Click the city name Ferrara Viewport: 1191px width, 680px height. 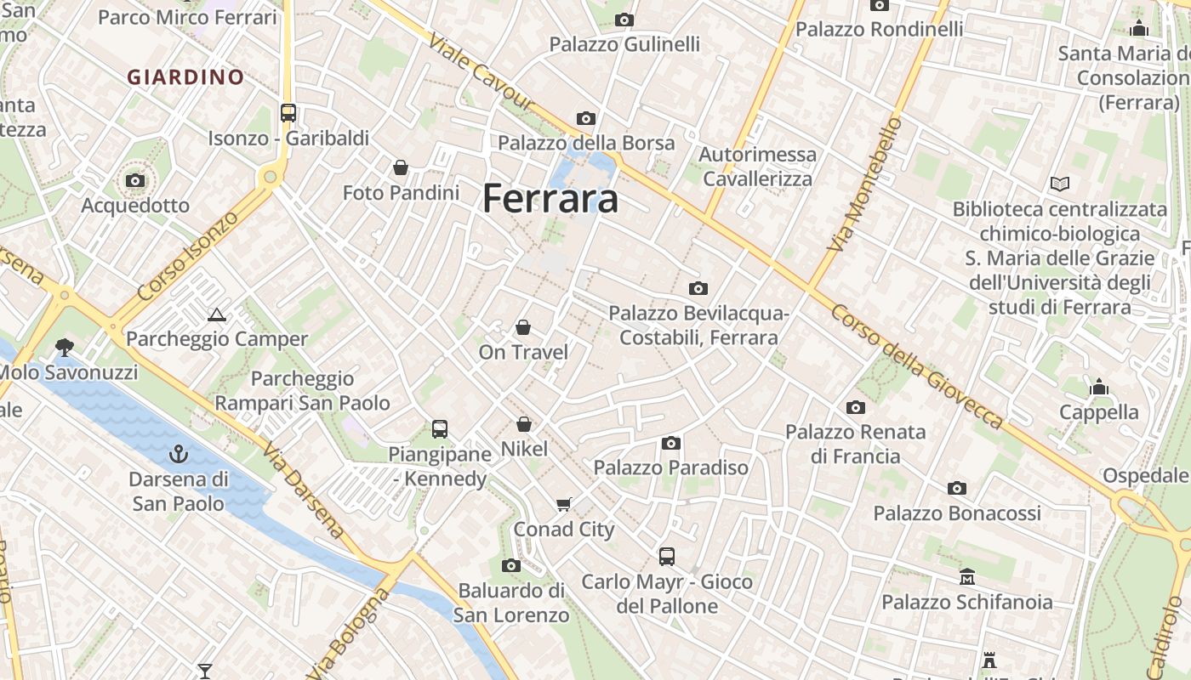click(550, 199)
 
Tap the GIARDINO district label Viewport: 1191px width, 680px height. click(185, 77)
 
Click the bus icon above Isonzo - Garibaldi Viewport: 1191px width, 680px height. click(288, 113)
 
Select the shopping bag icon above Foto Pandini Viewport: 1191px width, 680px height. click(401, 167)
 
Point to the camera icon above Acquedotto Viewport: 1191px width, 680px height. click(135, 180)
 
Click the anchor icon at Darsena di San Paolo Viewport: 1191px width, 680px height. click(178, 454)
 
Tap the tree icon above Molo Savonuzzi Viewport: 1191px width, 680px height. click(64, 347)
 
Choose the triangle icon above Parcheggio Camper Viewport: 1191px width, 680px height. click(217, 314)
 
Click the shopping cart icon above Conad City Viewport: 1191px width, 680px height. click(563, 505)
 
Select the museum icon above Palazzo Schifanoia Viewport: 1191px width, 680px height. click(967, 577)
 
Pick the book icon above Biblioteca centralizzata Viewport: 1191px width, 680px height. click(1059, 184)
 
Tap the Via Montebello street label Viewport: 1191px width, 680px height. click(865, 184)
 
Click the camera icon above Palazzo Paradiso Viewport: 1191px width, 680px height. click(671, 443)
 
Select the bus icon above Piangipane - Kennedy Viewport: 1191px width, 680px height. click(440, 429)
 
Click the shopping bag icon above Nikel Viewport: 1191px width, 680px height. click(524, 423)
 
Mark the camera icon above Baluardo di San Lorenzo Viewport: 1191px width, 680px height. click(511, 565)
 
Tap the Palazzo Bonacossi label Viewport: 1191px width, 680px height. click(957, 513)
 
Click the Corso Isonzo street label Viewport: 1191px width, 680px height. click(188, 257)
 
